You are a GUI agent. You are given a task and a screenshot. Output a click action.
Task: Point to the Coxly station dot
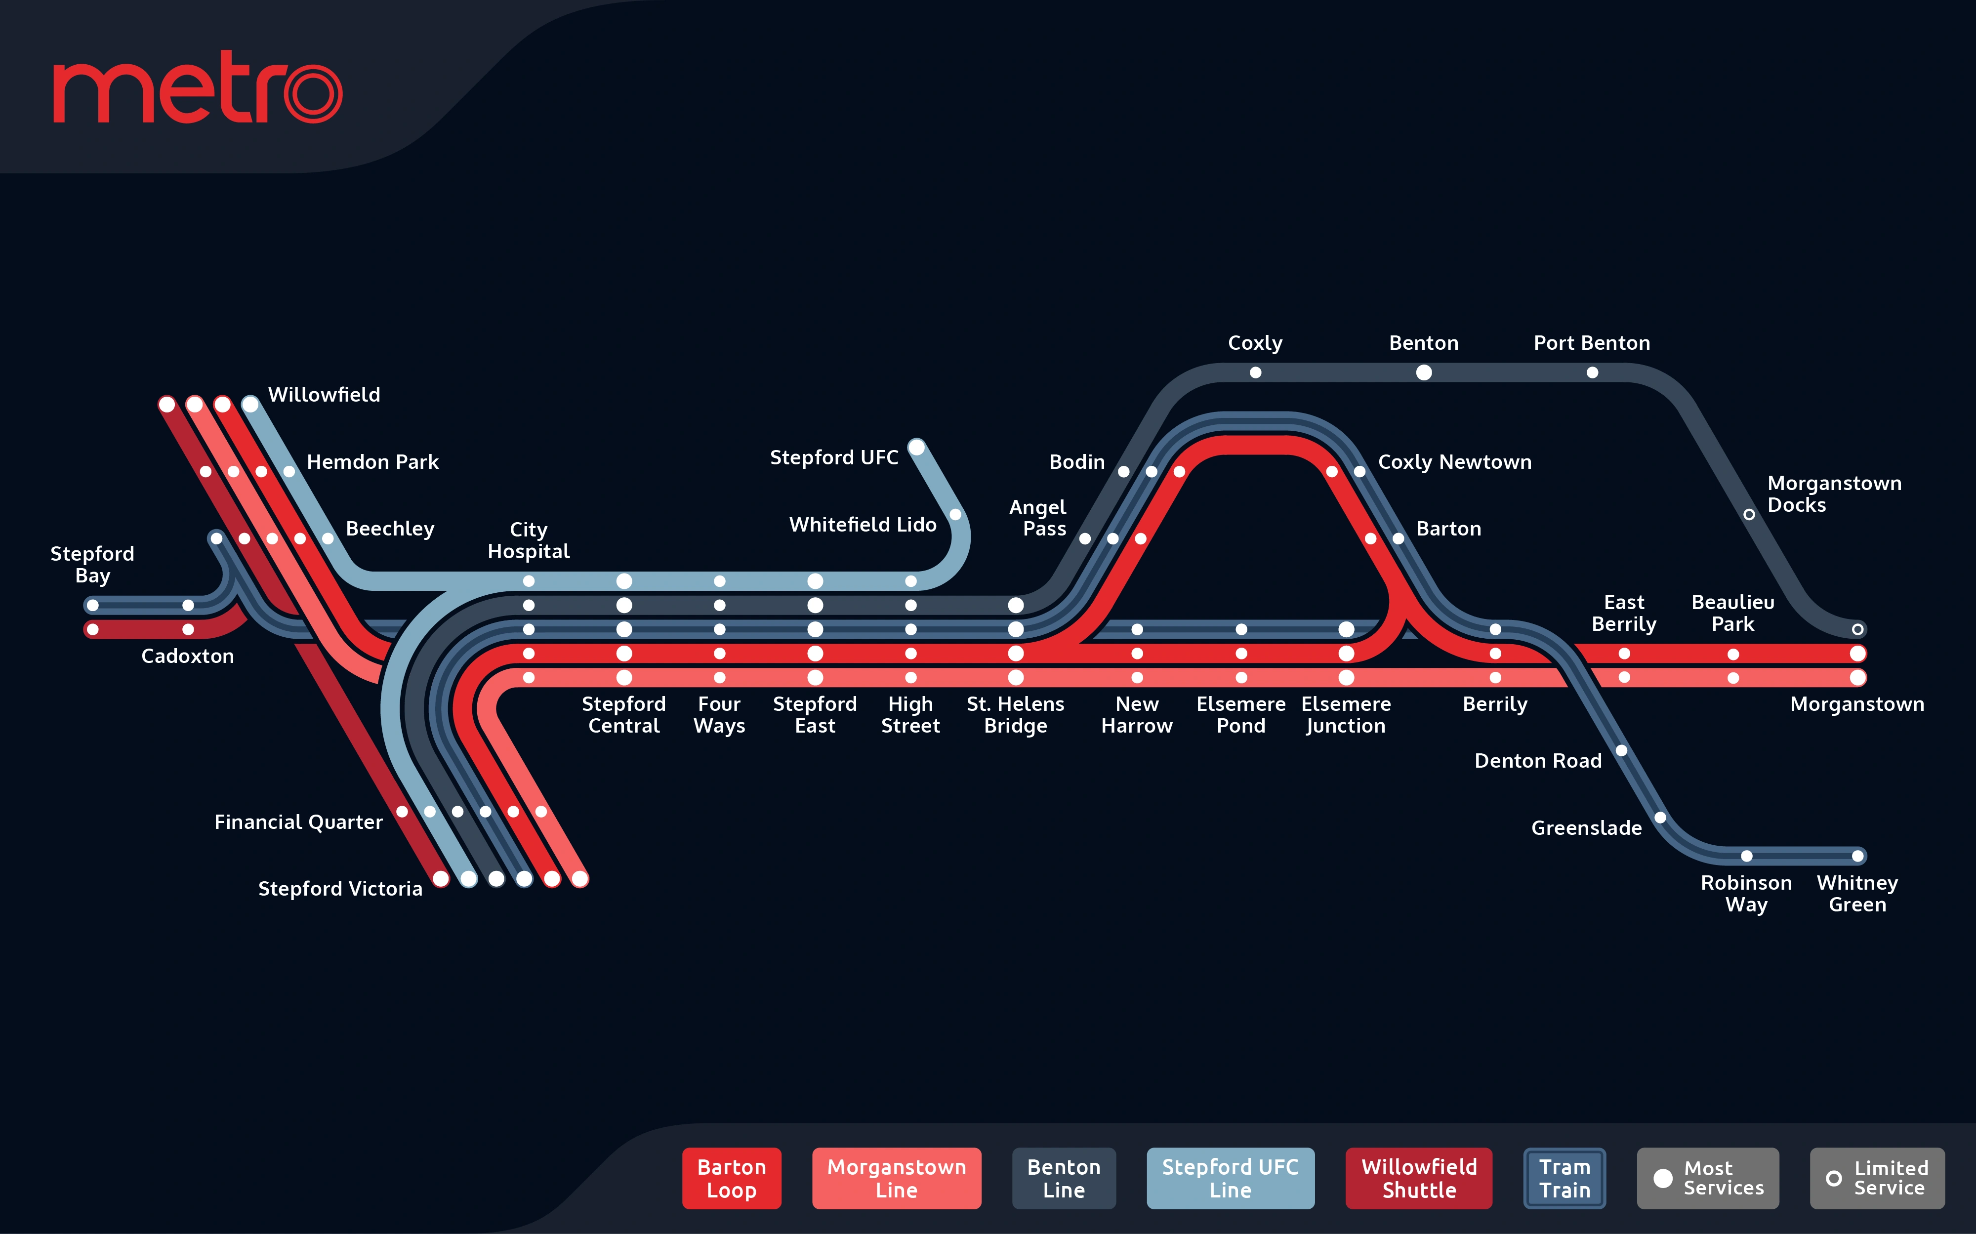(1255, 373)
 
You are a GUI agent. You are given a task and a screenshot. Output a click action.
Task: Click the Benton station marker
(1423, 373)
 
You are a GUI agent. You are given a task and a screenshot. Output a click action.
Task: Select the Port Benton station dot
(1592, 373)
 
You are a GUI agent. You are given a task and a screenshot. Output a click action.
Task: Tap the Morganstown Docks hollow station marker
(1749, 514)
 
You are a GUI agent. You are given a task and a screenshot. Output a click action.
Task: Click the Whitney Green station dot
(1857, 856)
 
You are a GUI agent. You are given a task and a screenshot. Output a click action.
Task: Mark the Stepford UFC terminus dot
(916, 447)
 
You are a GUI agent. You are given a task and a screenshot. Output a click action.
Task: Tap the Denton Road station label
(1538, 761)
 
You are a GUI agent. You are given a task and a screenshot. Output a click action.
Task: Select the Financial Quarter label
(299, 822)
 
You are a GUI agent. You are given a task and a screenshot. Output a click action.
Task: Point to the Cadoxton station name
(188, 656)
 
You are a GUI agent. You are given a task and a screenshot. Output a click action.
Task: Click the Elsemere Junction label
(1346, 715)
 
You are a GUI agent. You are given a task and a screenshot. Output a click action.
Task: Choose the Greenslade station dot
(1660, 817)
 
